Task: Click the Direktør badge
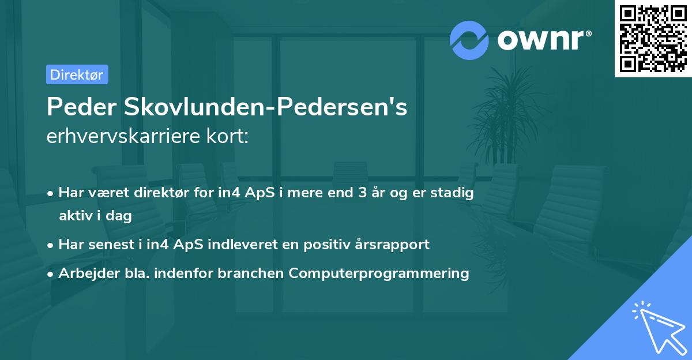[x=77, y=74]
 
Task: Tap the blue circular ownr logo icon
[x=469, y=40]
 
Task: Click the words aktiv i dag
[x=95, y=216]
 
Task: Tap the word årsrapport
[x=396, y=244]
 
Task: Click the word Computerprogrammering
[x=379, y=273]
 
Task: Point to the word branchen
[x=251, y=273]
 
